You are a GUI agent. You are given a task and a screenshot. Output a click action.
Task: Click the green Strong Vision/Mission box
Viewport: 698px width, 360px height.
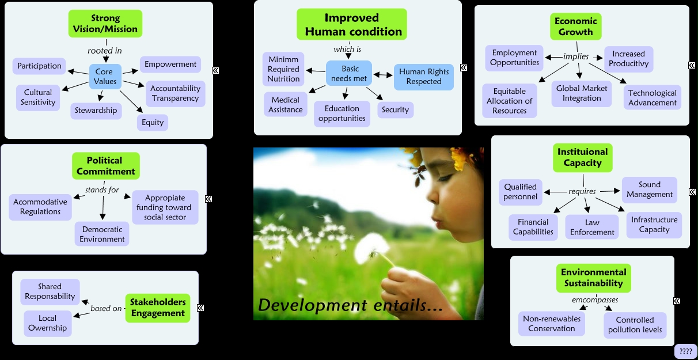tap(105, 24)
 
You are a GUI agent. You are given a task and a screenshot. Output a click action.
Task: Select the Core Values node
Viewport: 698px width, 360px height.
tap(105, 77)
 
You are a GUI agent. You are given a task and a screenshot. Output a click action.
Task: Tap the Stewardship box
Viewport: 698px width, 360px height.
tap(96, 111)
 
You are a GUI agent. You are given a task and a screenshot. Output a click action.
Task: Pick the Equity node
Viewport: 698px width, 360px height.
tap(153, 122)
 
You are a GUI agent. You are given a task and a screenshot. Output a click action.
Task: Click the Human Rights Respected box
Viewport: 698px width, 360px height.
tap(423, 77)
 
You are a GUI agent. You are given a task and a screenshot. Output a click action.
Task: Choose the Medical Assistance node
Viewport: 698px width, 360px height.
tap(286, 104)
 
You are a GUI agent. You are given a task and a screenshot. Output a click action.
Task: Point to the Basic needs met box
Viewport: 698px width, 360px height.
tap(350, 74)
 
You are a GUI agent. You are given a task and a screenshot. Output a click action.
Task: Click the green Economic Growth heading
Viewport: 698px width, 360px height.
tap(575, 26)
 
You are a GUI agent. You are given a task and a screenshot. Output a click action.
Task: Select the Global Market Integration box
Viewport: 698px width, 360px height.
tap(582, 93)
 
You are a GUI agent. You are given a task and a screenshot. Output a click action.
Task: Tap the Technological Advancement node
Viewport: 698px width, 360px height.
tap(652, 97)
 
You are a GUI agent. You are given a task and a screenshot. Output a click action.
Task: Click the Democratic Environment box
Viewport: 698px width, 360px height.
tap(103, 234)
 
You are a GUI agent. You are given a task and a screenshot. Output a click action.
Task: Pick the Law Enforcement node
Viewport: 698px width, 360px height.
tap(593, 227)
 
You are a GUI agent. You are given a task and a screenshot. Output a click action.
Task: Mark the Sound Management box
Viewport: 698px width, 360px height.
tap(650, 190)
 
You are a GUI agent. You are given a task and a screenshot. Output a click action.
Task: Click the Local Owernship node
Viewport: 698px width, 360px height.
tap(48, 323)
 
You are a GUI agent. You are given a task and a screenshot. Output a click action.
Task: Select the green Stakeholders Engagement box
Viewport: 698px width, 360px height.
tap(157, 308)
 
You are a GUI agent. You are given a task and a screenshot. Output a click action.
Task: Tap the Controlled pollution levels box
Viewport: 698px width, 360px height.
tap(635, 325)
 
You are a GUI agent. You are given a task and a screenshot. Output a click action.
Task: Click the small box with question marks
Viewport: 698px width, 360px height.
tap(685, 351)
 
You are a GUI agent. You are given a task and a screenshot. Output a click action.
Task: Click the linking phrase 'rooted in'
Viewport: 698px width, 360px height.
tap(104, 51)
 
